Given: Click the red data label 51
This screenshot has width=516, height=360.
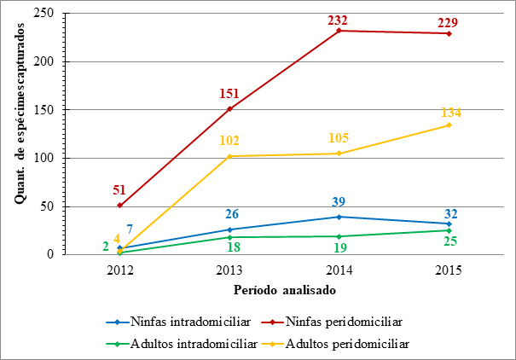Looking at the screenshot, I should tap(120, 190).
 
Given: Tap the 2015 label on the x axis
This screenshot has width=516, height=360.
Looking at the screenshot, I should tap(449, 270).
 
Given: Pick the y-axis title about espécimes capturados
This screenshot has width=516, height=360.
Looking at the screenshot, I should tap(20, 134).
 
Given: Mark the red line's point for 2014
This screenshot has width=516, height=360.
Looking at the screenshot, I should tap(339, 31).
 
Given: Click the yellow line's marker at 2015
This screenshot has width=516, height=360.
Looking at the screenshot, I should tap(449, 125).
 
